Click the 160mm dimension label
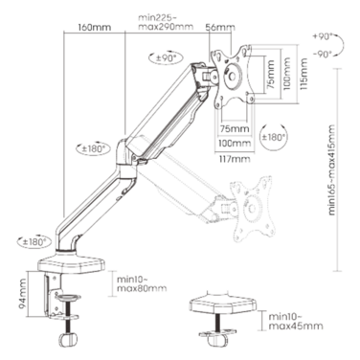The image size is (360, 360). click(95, 27)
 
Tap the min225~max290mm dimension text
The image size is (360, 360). click(166, 22)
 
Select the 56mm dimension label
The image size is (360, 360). click(220, 28)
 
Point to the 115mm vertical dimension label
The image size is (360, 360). click(304, 74)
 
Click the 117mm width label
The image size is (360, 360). click(235, 158)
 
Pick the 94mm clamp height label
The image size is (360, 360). click(23, 294)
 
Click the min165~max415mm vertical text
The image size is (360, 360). click(331, 169)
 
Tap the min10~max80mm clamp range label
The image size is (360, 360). click(142, 284)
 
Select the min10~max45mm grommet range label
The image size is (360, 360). click(296, 322)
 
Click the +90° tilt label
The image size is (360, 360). click(323, 36)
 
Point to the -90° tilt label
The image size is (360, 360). click(323, 55)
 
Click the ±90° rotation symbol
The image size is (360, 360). click(167, 57)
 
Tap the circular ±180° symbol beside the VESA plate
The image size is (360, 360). click(273, 137)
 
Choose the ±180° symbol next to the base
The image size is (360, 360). click(34, 241)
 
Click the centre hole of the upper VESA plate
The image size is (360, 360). click(232, 77)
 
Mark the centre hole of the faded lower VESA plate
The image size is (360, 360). click(252, 209)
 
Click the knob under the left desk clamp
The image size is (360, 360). click(68, 340)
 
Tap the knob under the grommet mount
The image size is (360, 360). click(216, 341)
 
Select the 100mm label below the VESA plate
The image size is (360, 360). click(235, 144)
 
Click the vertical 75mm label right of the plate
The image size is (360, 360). click(271, 74)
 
